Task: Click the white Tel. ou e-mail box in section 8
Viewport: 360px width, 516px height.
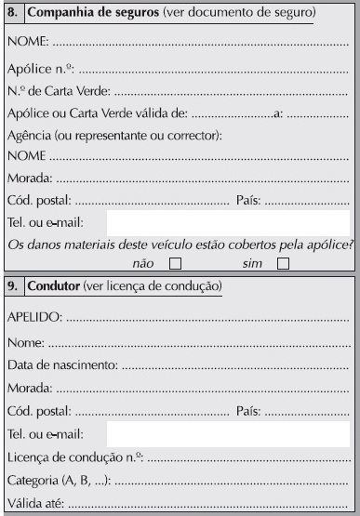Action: tap(228, 222)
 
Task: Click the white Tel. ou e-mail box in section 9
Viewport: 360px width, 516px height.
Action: tap(228, 434)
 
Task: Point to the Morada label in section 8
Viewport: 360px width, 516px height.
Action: tap(28, 177)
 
